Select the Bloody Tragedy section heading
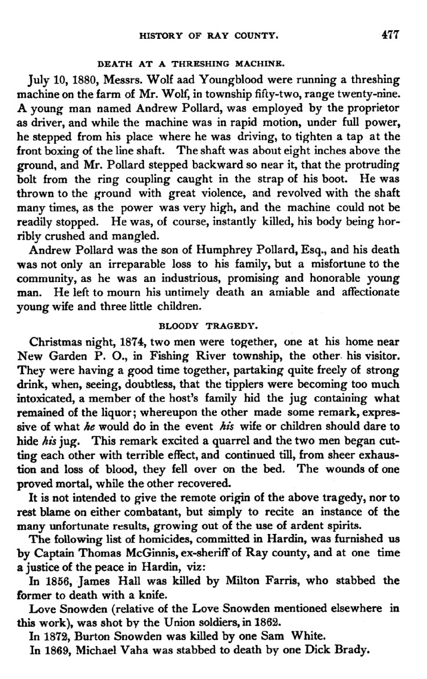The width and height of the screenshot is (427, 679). coord(214,325)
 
